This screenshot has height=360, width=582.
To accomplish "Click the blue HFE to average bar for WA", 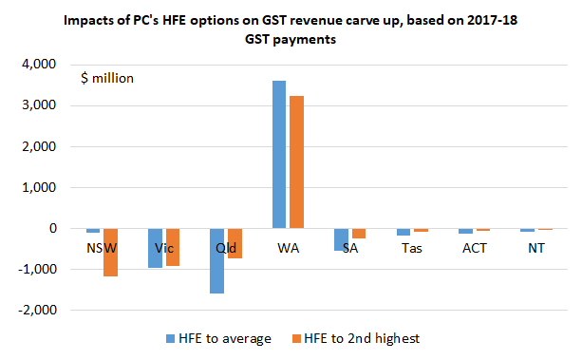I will coord(278,155).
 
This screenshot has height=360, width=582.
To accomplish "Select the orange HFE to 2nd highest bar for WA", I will coord(295,162).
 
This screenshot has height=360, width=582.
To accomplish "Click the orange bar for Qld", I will coord(234,244).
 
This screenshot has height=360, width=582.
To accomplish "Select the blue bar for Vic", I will coord(155,248).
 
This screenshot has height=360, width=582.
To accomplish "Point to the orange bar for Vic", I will coord(172,247).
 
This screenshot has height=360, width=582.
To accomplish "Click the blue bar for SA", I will coord(341,239).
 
